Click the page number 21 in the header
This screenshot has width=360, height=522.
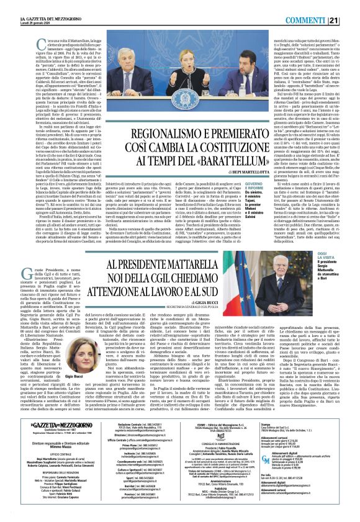coord(351,5)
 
